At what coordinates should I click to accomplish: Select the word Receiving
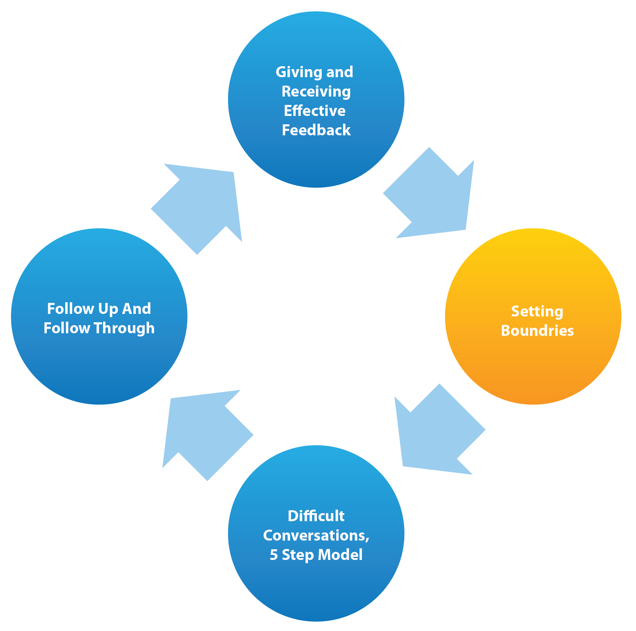[x=316, y=91]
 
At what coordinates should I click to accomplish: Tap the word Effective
[x=315, y=111]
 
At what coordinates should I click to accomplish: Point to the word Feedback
[x=316, y=130]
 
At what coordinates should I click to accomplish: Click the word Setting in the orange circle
[x=537, y=311]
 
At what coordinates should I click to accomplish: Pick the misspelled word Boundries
[x=537, y=330]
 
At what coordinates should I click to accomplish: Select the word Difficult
[x=316, y=516]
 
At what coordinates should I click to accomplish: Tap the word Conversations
[x=314, y=535]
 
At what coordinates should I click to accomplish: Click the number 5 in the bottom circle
[x=274, y=555]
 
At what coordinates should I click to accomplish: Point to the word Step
[x=297, y=555]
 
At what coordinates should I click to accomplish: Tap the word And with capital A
[x=136, y=309]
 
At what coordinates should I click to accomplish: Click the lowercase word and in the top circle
[x=339, y=72]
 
